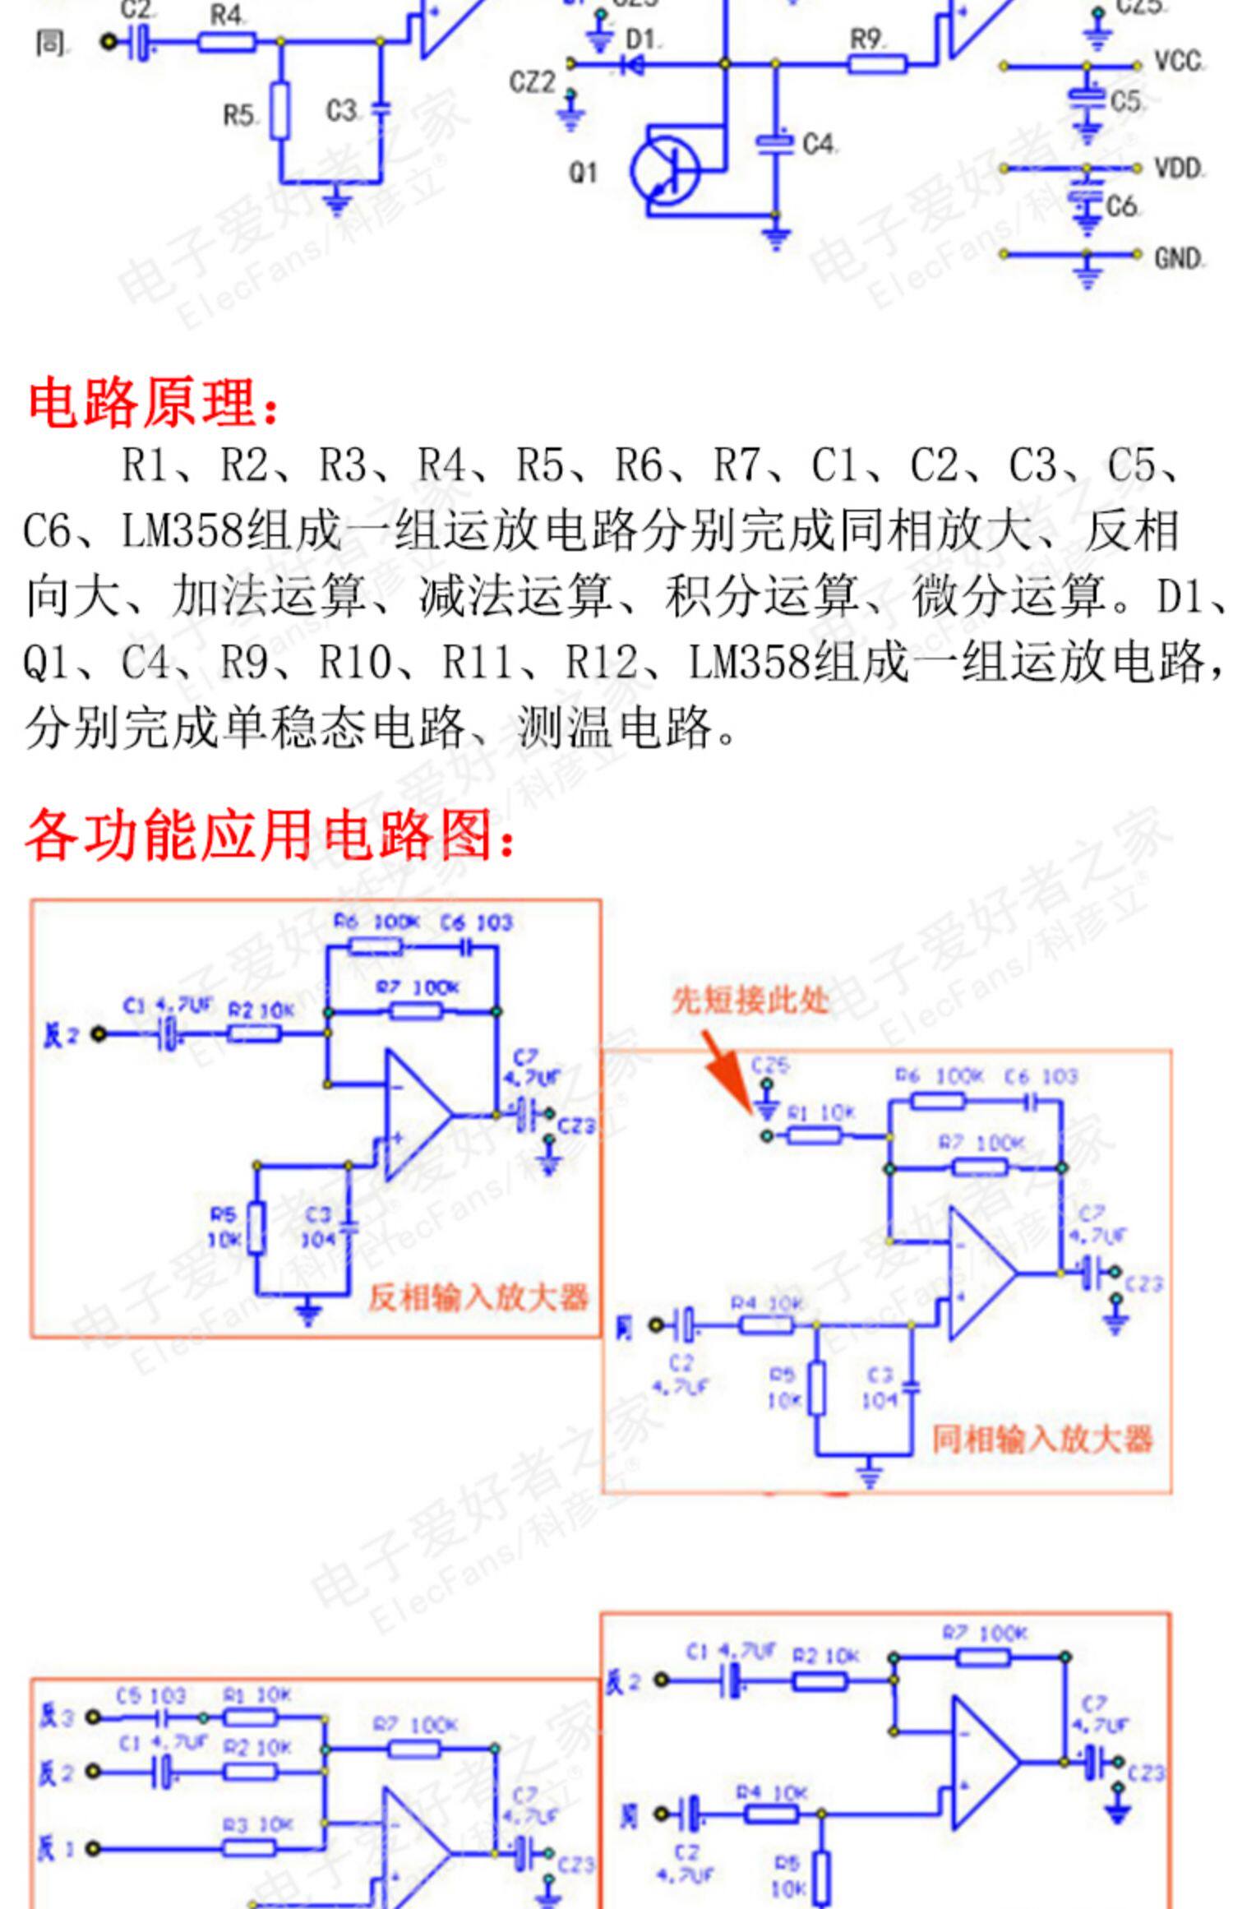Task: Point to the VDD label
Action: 1178,169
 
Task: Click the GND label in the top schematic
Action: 1178,258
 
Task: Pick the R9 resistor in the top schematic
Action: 876,63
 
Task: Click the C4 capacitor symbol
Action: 774,142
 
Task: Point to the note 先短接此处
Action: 750,1001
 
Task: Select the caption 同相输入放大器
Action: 1041,1439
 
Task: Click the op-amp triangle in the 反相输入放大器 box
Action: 415,1114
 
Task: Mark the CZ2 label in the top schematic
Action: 532,82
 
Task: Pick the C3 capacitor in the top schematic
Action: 380,109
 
